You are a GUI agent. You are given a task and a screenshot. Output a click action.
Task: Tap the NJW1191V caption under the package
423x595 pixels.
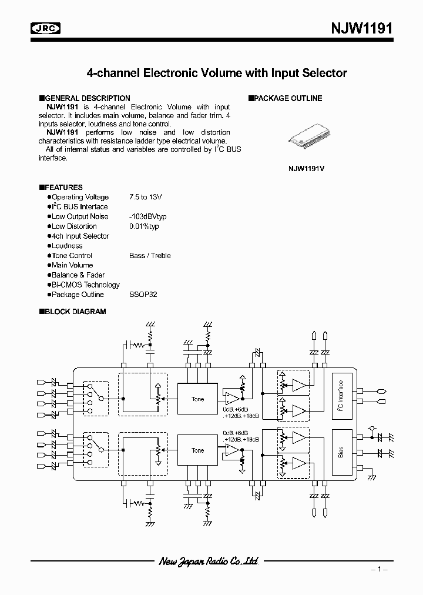click(x=306, y=168)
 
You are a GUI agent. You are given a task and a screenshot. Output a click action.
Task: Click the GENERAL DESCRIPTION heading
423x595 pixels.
click(x=87, y=98)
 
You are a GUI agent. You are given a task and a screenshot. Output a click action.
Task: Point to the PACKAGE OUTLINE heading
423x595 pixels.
click(x=288, y=98)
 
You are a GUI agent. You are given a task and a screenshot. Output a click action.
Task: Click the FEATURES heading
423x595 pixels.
click(x=63, y=188)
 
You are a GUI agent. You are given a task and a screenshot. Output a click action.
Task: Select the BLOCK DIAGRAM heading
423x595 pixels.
click(x=75, y=312)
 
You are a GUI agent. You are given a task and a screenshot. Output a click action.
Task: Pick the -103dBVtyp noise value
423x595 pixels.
click(x=148, y=216)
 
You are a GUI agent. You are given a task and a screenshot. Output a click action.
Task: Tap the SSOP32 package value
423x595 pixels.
click(x=143, y=295)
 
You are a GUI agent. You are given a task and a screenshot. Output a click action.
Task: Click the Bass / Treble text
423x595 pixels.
click(x=150, y=256)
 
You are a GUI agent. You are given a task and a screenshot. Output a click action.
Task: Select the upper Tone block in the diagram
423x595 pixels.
click(x=198, y=399)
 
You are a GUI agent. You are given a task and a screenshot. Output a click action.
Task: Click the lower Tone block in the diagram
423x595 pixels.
click(x=198, y=450)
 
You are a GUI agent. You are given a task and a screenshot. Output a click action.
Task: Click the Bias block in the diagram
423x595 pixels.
click(x=341, y=452)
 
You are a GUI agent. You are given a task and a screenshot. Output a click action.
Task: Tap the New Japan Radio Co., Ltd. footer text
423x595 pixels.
click(x=208, y=561)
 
